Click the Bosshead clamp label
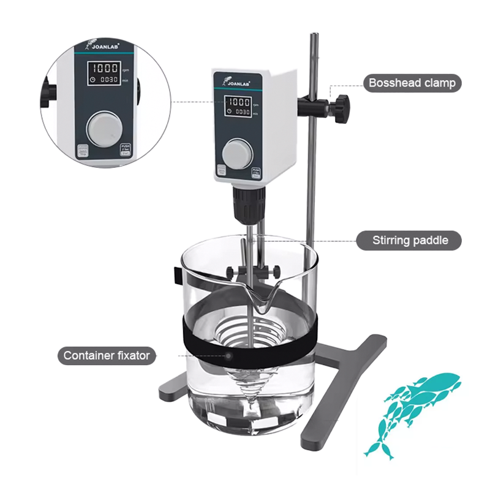(x=412, y=83)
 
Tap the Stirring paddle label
(x=410, y=240)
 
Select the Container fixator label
(x=107, y=355)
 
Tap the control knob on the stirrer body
(x=236, y=151)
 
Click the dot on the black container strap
(x=228, y=355)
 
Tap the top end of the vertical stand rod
(x=313, y=37)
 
